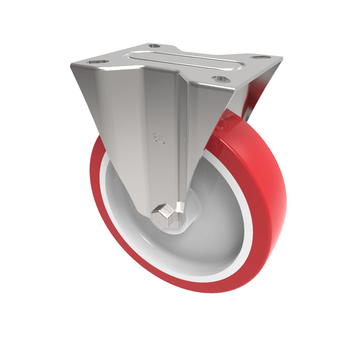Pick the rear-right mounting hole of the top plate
click(258, 58)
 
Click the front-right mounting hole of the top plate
click(221, 79)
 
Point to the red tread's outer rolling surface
click(265, 189)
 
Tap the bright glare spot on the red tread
click(270, 171)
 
